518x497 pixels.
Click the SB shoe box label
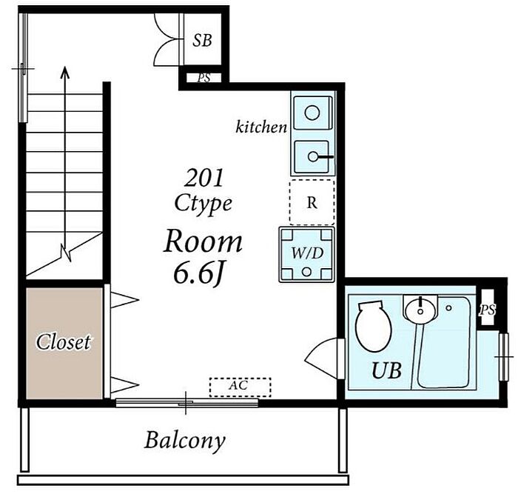click(202, 40)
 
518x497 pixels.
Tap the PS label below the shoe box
click(203, 78)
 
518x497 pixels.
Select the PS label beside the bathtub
click(487, 310)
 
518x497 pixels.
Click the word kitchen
click(261, 127)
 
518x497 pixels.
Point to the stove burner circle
click(312, 113)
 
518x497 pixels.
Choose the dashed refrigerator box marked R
click(312, 202)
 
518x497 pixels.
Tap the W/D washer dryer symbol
click(306, 254)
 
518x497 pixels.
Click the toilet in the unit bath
click(373, 326)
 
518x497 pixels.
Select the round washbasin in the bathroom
click(420, 310)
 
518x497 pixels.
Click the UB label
click(387, 370)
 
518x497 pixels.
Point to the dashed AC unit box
click(240, 387)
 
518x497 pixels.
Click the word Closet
click(63, 342)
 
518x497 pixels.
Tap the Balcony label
click(185, 441)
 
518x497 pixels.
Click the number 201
click(203, 178)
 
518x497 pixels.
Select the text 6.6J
click(198, 274)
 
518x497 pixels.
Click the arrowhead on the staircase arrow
click(65, 73)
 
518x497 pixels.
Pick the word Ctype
click(203, 203)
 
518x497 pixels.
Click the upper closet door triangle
click(124, 300)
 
